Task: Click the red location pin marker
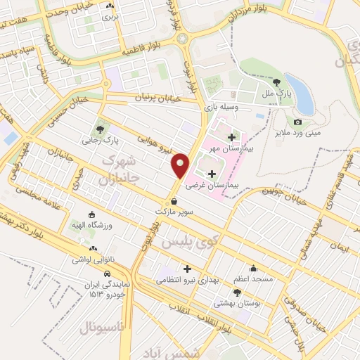181,165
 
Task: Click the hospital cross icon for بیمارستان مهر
231,136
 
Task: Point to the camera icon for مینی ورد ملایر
298,122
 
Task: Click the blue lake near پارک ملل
300,93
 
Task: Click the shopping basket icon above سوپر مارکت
173,200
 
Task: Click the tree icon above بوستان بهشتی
237,292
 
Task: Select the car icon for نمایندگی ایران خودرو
106,272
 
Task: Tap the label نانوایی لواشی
91,259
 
